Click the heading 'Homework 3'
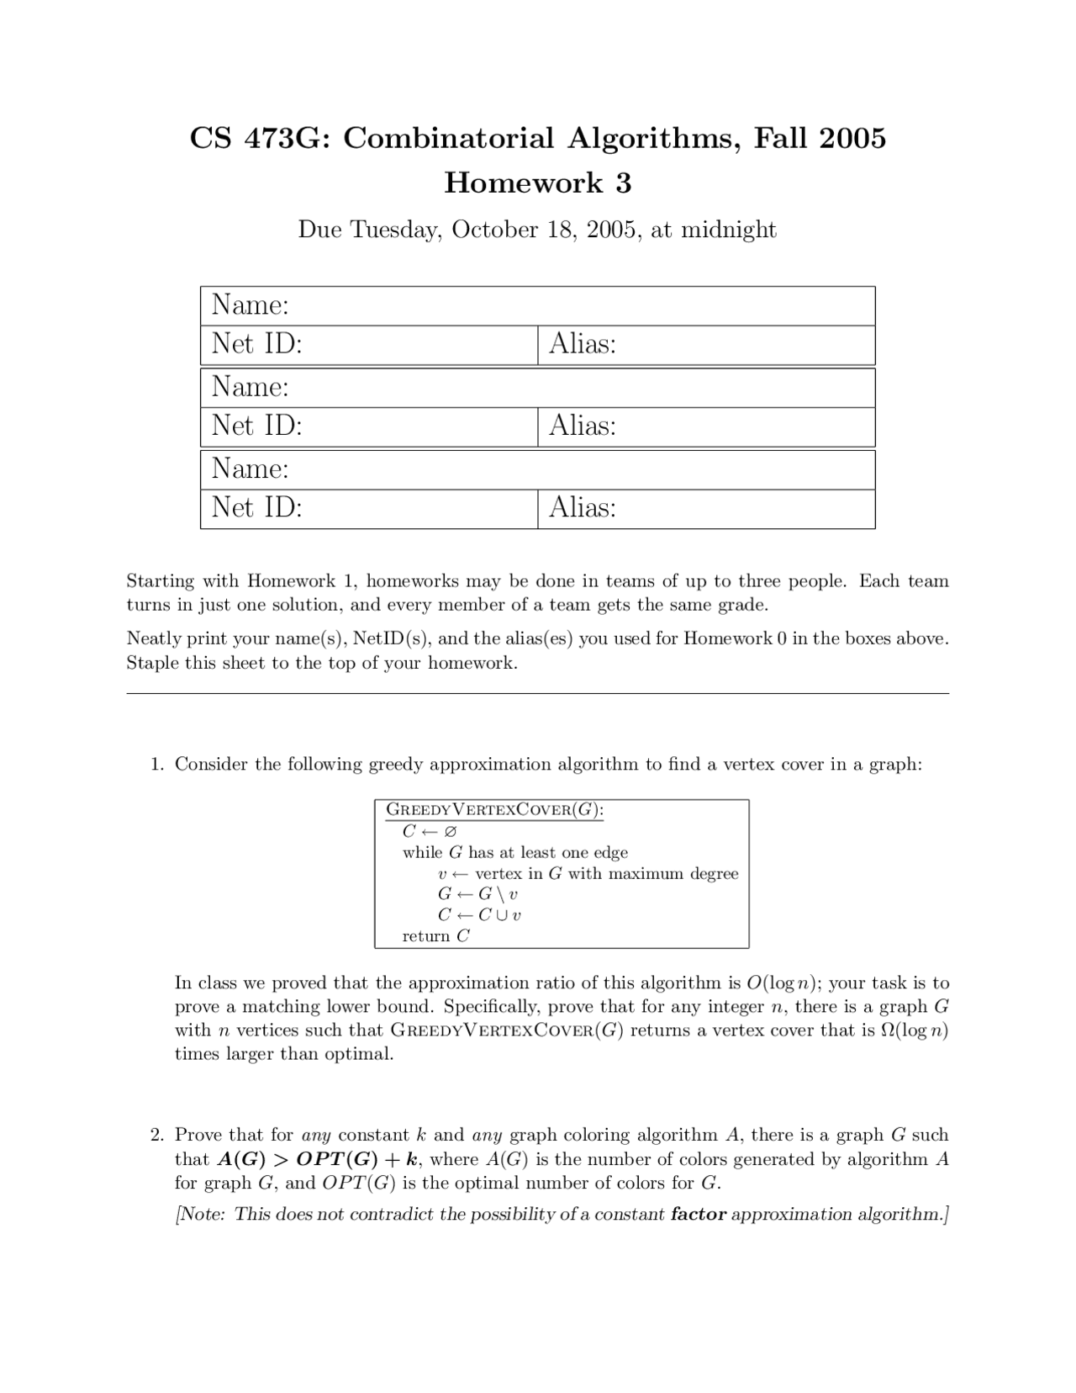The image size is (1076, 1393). (537, 183)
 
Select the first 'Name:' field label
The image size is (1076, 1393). (250, 305)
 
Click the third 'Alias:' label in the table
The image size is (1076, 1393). (583, 507)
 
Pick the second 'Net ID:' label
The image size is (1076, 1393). (256, 426)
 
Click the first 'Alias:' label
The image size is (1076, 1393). (583, 344)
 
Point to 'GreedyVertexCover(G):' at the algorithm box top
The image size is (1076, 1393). (494, 810)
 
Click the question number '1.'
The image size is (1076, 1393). (157, 765)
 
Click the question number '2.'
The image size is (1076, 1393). (157, 1136)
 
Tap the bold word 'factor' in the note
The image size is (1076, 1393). (698, 1215)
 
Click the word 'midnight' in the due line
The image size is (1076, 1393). (728, 230)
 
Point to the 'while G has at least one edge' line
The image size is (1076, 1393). (514, 853)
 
